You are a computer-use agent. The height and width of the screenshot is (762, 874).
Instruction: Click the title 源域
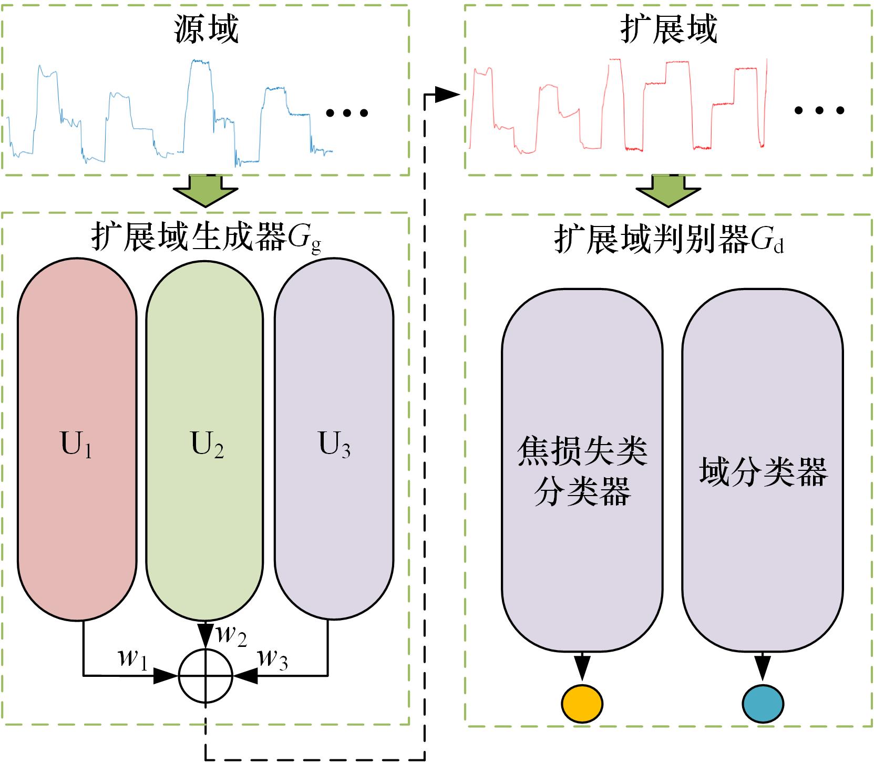206,28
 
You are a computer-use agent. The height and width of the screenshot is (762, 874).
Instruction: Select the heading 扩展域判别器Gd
669,241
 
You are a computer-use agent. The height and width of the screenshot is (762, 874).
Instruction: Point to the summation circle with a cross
205,676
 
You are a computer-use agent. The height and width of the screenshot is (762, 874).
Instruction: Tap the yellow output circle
582,703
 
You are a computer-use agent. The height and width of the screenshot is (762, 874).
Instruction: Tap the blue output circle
763,703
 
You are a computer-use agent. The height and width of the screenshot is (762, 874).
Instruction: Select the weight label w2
231,635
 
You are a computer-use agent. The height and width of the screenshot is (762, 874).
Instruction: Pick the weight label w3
273,658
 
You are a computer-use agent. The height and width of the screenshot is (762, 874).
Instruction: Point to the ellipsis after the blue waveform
347,112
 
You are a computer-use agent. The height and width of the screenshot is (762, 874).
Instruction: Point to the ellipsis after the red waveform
819,110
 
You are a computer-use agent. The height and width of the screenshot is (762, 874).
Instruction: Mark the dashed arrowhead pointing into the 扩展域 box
448,95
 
